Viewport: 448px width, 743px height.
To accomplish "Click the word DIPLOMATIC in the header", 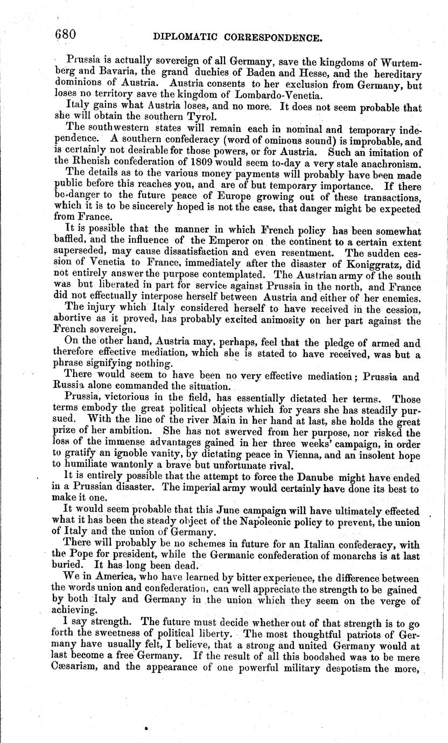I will click(x=185, y=38).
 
